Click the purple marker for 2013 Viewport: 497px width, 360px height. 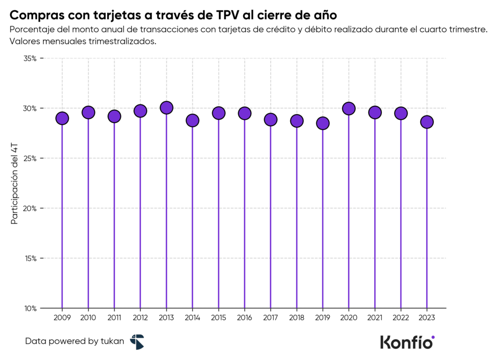click(x=166, y=108)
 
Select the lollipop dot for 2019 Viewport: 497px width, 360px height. click(x=323, y=123)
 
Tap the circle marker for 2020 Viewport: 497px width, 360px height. click(x=348, y=109)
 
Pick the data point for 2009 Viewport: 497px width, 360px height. click(x=62, y=118)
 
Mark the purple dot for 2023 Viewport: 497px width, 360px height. click(x=427, y=122)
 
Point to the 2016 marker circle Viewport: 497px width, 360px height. click(x=245, y=113)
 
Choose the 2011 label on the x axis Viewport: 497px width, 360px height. click(x=114, y=318)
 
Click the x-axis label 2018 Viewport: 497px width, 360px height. click(x=297, y=318)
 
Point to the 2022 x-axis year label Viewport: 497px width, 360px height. click(x=400, y=318)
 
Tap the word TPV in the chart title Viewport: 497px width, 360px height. click(x=228, y=13)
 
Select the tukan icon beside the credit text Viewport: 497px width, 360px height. click(x=137, y=342)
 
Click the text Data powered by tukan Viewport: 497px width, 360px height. click(x=74, y=342)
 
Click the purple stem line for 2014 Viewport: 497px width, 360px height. click(x=193, y=218)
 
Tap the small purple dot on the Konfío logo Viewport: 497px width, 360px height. click(x=433, y=337)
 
